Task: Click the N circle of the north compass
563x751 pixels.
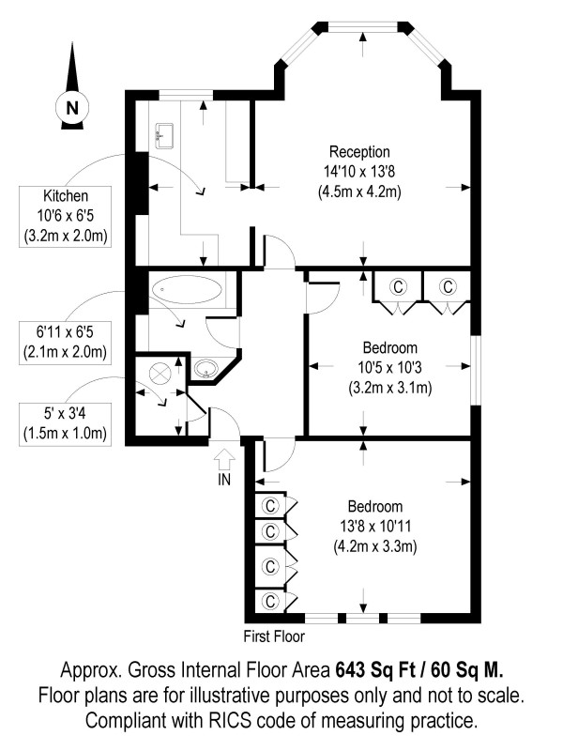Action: tap(71, 108)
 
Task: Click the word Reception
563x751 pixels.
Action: tap(359, 152)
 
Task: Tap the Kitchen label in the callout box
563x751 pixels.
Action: tap(65, 196)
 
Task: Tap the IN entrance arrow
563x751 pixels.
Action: tap(223, 461)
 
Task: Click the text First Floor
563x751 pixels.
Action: tap(273, 635)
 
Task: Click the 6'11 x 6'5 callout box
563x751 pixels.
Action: tap(65, 343)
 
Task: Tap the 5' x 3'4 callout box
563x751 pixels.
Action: tap(65, 422)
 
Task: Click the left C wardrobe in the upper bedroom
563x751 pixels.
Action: tap(397, 285)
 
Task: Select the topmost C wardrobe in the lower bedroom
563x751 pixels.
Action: tap(271, 505)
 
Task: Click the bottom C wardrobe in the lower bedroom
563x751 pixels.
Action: tap(271, 600)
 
